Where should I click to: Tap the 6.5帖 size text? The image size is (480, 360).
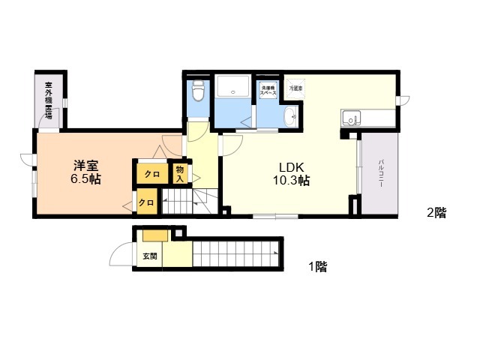coord(87,179)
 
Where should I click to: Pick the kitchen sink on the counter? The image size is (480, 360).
coord(351,118)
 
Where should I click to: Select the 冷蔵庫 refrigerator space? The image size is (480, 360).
coord(296,88)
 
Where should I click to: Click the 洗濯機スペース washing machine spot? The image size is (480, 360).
coord(268,91)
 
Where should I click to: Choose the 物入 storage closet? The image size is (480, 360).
coord(180,173)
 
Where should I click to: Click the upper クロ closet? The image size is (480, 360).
coord(152,174)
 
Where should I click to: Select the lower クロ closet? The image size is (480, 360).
coord(147,202)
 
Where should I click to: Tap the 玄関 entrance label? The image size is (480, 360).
coord(149,256)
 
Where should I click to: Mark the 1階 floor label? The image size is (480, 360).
coord(316,266)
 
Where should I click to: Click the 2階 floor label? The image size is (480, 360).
coord(436,213)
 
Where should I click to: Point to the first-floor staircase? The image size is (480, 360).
coord(235,253)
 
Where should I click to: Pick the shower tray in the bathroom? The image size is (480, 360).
coord(234,88)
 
